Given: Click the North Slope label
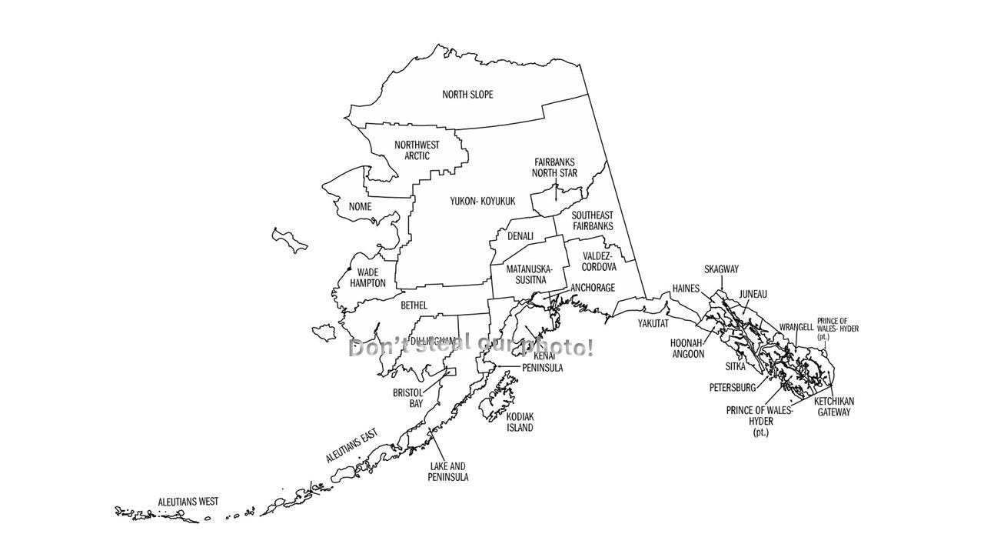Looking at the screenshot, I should (467, 95).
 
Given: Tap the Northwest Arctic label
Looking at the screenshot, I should (417, 150).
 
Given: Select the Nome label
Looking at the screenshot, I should (360, 207).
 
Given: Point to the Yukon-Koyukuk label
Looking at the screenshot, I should (483, 202).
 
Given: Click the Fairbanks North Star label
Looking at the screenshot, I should (554, 168).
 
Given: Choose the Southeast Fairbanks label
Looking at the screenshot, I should (593, 221).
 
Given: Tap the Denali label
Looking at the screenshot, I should (520, 236).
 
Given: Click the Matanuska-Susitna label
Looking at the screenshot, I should (529, 275).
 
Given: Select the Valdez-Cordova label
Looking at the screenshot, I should (599, 262).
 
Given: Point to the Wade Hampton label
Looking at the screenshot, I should (367, 278).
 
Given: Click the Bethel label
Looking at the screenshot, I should (414, 306).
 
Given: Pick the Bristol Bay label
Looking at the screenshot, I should (408, 398).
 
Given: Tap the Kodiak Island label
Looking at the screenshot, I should (520, 422).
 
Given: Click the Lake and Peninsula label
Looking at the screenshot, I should (448, 472).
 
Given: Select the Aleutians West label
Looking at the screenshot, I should (188, 502).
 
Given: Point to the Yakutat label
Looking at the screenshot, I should (653, 324).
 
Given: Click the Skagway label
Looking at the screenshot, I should (721, 269).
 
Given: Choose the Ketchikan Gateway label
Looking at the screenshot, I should (834, 407).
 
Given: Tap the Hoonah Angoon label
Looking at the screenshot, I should (688, 349).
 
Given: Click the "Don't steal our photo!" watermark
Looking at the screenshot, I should (470, 347).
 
